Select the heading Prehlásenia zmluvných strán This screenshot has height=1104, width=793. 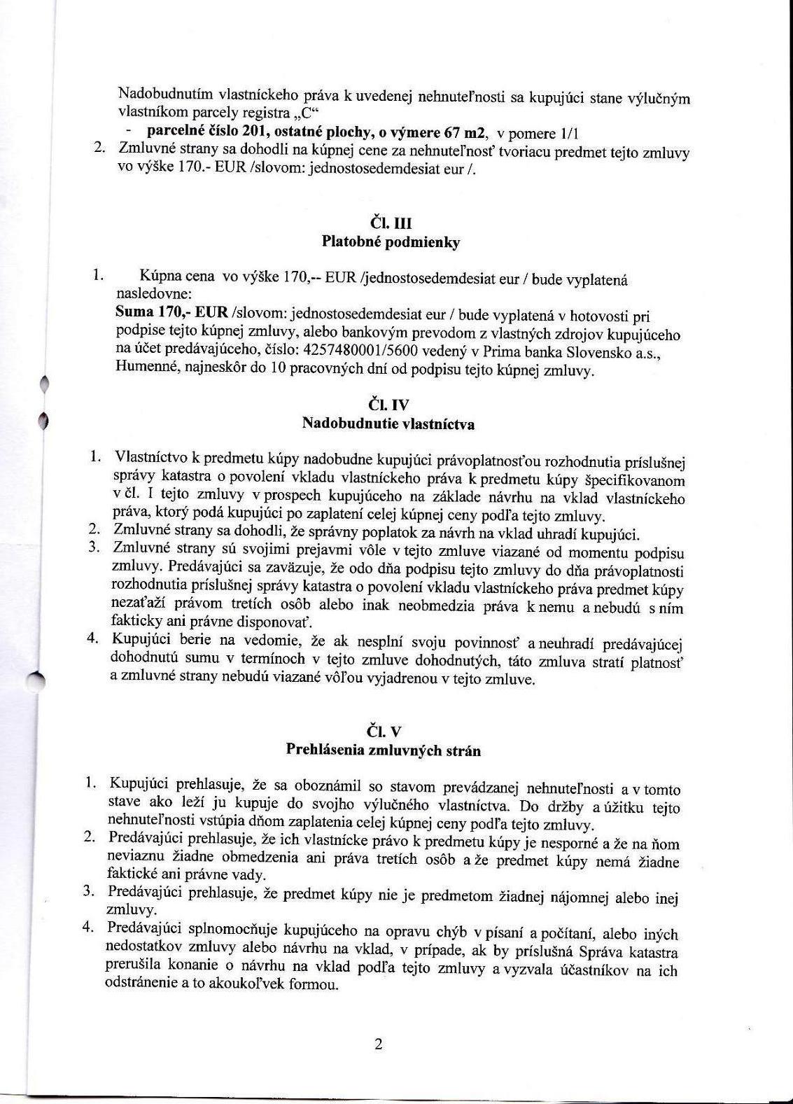point(384,750)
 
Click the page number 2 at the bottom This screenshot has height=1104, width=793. point(379,1046)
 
